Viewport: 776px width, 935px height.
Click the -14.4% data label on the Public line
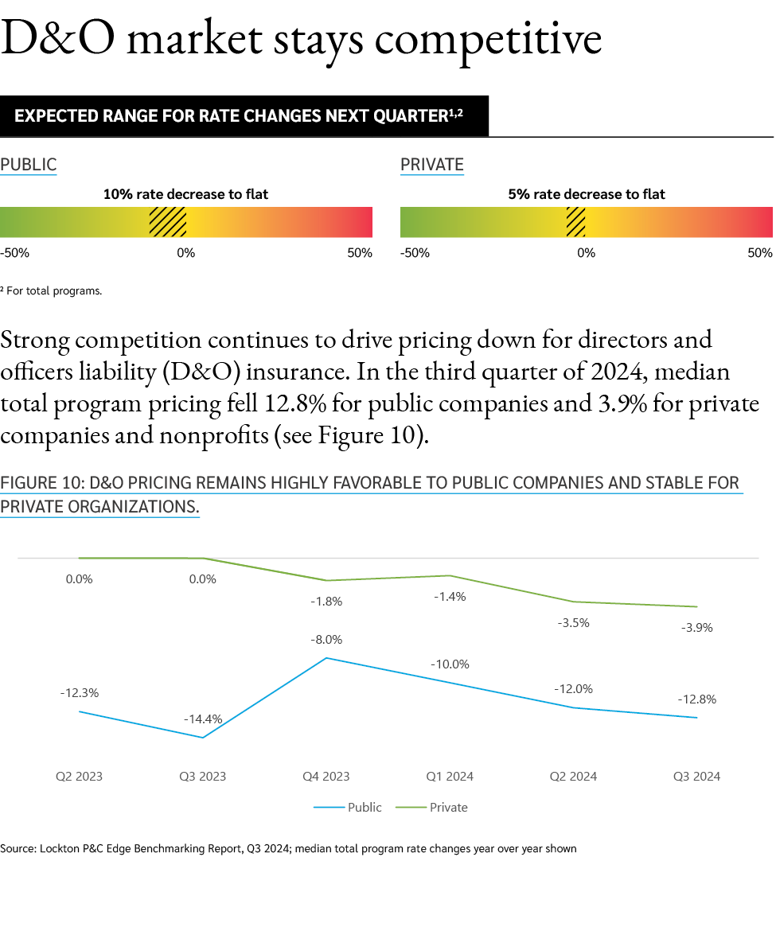tap(202, 719)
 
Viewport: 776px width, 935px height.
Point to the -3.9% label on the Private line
tap(696, 628)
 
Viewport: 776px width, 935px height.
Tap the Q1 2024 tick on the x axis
tap(449, 777)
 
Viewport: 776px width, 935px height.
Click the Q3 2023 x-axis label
tap(202, 777)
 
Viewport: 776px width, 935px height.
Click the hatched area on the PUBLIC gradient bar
tap(168, 222)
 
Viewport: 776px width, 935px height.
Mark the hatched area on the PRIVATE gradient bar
tap(575, 222)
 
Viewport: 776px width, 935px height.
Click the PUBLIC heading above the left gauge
tap(29, 165)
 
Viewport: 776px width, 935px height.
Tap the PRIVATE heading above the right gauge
tap(431, 165)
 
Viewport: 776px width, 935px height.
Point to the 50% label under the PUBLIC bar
tap(359, 253)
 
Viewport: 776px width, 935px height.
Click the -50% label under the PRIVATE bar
tap(415, 253)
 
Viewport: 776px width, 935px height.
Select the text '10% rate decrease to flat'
tap(185, 194)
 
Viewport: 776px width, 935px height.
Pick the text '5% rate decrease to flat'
tap(586, 194)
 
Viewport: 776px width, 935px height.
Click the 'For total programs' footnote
tap(53, 291)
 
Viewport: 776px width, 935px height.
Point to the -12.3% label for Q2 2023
tap(79, 693)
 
